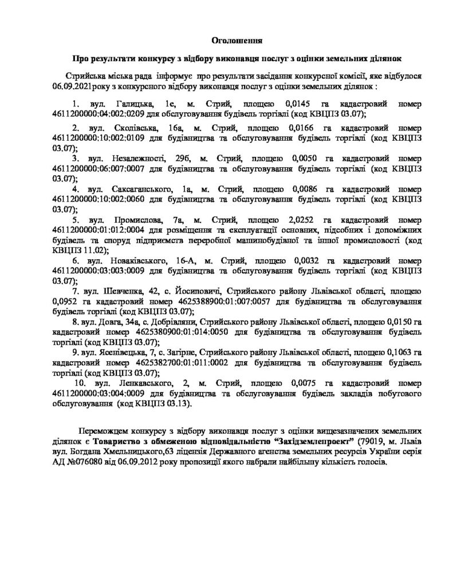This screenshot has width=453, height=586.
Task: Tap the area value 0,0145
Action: coord(305,105)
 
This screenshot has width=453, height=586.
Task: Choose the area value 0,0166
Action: coord(305,127)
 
